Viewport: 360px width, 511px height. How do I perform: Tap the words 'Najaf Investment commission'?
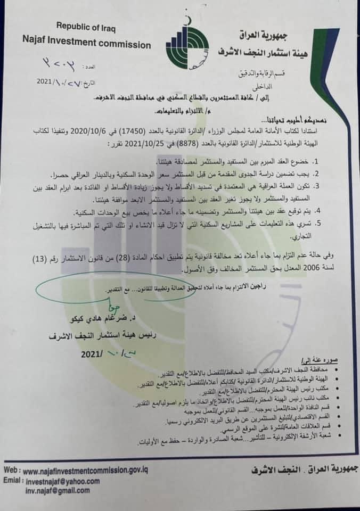(79, 39)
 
